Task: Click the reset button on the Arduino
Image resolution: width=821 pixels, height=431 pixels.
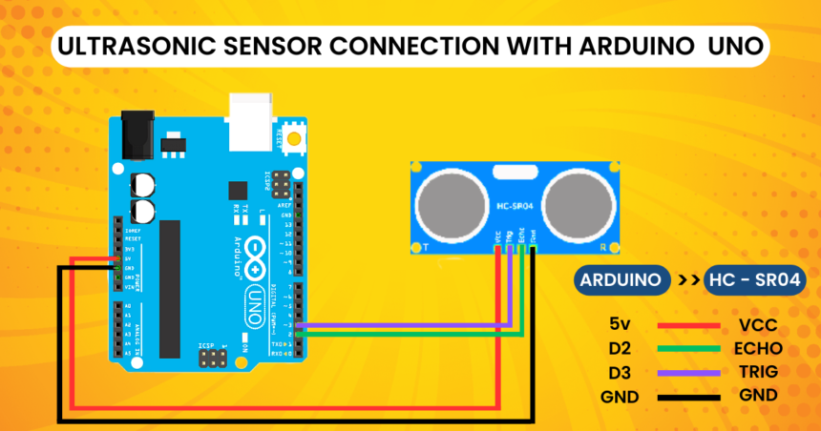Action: coord(293,138)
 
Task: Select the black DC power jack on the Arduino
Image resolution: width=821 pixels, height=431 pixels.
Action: coord(136,133)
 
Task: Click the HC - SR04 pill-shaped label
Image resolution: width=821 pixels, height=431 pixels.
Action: coord(754,282)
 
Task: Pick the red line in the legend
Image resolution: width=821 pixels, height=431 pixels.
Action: coord(688,325)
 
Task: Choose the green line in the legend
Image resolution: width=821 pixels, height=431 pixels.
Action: coord(688,348)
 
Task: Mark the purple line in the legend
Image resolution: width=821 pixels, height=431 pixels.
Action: coord(688,372)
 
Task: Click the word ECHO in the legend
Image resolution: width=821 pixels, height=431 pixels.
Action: coord(760,348)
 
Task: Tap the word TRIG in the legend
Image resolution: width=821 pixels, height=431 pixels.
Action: coord(759,372)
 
